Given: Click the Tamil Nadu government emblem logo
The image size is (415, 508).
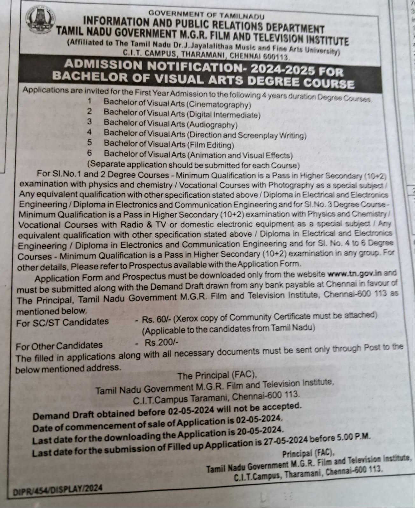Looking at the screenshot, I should (40, 21).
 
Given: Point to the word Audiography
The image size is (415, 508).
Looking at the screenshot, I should (212, 125).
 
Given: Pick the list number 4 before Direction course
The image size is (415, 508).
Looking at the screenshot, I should (90, 132).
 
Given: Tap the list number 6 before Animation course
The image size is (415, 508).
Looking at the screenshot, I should (90, 153).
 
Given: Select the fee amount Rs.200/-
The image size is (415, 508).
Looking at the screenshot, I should (162, 342).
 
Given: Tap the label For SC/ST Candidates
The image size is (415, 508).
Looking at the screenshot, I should (62, 322).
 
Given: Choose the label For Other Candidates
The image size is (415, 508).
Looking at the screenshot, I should (59, 345).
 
